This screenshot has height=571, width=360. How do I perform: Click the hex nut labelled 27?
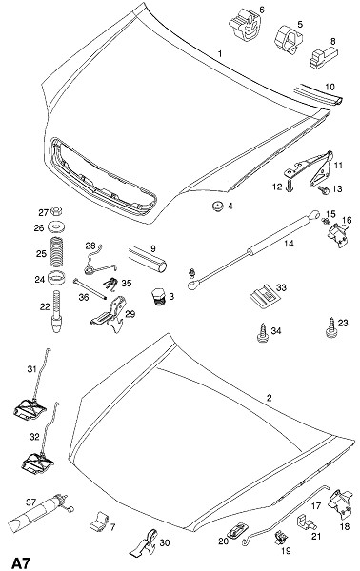click(x=56, y=211)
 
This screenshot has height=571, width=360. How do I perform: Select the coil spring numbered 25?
click(x=56, y=252)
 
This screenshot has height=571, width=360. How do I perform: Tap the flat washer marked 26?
click(x=56, y=228)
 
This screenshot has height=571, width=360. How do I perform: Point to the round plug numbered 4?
click(x=218, y=207)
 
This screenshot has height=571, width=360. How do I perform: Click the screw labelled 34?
click(x=262, y=332)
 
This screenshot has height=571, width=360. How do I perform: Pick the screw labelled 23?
click(x=331, y=328)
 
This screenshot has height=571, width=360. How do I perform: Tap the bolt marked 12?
click(x=290, y=186)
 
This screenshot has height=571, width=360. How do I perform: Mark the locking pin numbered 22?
click(x=56, y=310)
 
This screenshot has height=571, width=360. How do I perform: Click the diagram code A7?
click(x=22, y=562)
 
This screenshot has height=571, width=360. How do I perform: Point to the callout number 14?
click(x=289, y=244)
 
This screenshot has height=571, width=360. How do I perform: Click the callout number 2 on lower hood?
click(x=269, y=397)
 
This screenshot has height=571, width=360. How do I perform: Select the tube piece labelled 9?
click(x=148, y=259)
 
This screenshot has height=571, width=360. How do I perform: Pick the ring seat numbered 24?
click(x=56, y=279)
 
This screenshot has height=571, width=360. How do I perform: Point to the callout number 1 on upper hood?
click(x=220, y=54)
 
